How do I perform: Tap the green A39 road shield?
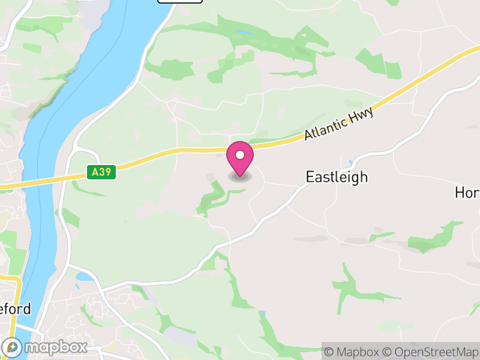(x=101, y=172)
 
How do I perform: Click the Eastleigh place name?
(x=337, y=177)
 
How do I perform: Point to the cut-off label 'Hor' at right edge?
(x=467, y=193)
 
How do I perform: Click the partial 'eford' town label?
(x=14, y=310)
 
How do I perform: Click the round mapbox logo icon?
(x=13, y=347)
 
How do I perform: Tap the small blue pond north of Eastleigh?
(x=350, y=163)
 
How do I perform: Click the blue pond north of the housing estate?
(x=85, y=277)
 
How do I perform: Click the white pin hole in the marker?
(x=240, y=155)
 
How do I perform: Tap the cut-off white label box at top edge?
(x=180, y=2)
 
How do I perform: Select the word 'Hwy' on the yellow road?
(x=363, y=114)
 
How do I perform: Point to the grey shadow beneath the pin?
(x=240, y=177)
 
